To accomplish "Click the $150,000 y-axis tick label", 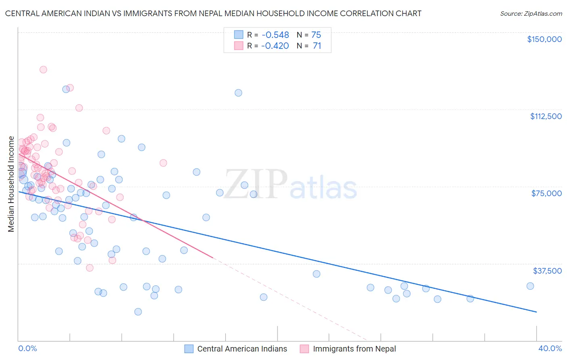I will (544, 39).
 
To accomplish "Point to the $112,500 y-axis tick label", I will (546, 116).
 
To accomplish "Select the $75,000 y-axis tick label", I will (546, 193).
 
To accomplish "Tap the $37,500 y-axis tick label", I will (547, 271).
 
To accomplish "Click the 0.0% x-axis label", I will (27, 348).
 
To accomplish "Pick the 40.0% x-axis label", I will (550, 348).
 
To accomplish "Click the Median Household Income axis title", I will (11, 184).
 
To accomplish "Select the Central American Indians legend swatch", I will (189, 349).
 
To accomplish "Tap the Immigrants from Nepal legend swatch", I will (304, 349).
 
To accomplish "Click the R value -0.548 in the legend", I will (275, 35).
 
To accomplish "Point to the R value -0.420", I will (275, 46).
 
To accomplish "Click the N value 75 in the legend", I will (316, 35).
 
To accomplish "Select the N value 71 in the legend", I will (317, 46).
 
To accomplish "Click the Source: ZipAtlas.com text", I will (531, 14).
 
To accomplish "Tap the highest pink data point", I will (43, 69).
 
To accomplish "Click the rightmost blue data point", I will (530, 286).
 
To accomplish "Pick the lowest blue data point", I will (138, 312).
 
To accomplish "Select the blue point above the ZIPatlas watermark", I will (238, 93).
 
